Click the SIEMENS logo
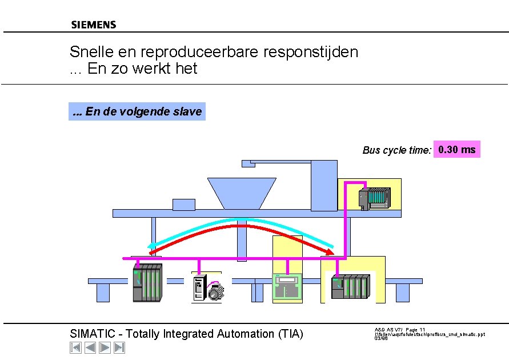94,25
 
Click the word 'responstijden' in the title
311,52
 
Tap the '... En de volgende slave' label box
137,111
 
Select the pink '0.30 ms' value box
456,150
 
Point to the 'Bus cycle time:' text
396,151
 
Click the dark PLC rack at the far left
147,282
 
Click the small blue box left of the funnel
184,204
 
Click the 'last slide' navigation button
119,347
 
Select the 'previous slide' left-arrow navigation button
90,347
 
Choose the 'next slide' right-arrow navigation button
105,347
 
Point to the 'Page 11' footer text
415,330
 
